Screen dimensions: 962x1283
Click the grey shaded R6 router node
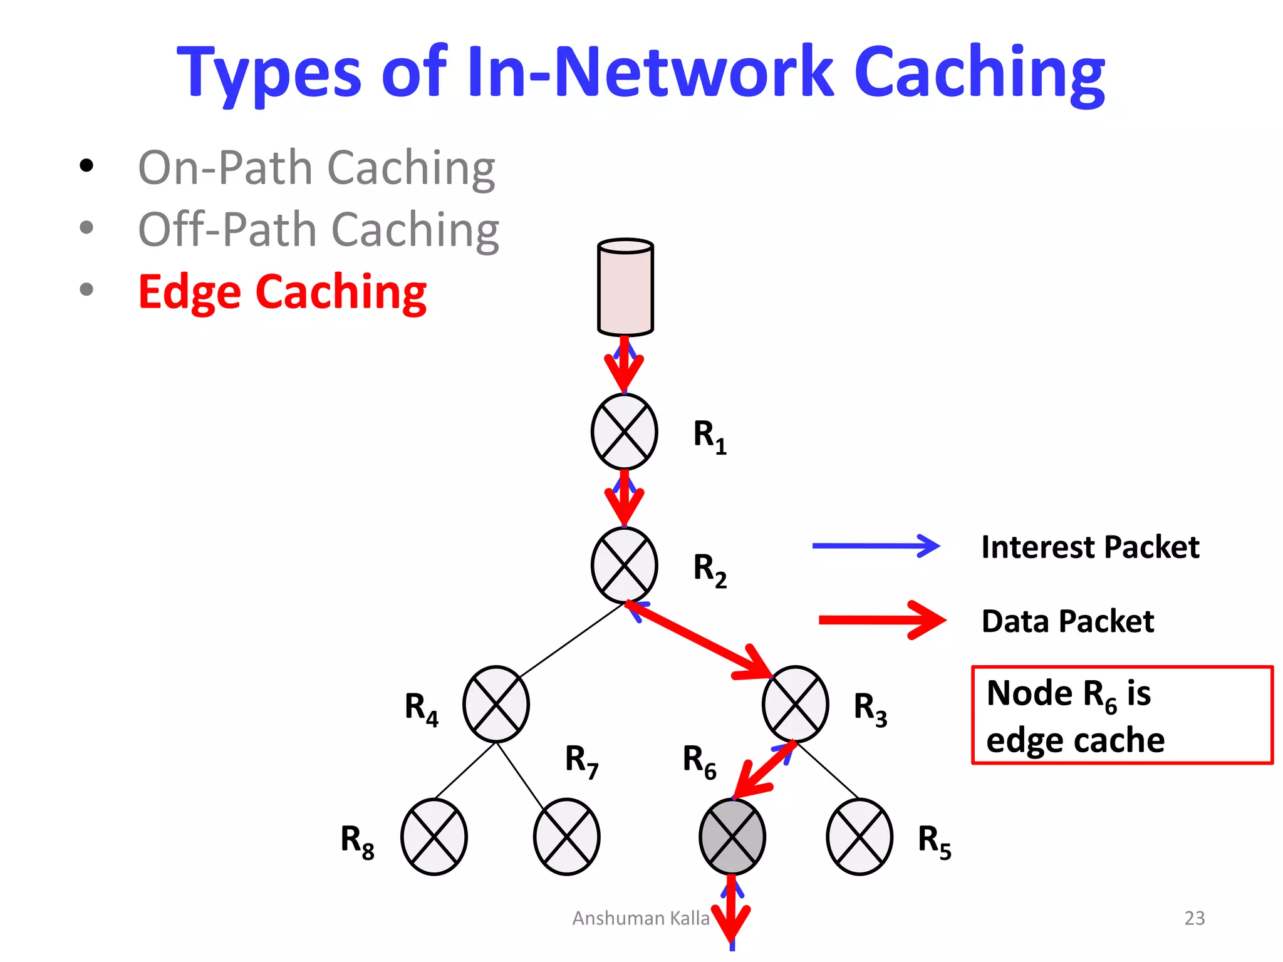coord(732,837)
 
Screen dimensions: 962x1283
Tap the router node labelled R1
coord(624,432)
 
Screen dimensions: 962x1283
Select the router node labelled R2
coord(624,565)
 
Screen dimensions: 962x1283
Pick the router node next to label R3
coord(795,704)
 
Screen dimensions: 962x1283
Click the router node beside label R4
coord(496,704)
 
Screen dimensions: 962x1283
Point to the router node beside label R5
coord(860,837)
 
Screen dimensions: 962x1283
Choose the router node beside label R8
coord(434,837)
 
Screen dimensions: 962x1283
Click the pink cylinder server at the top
coord(625,288)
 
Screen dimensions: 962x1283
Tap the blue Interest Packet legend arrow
coord(876,546)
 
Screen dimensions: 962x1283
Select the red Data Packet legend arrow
coord(882,620)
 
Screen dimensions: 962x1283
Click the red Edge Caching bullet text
coord(282,292)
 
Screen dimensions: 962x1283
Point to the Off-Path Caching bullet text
coord(318,230)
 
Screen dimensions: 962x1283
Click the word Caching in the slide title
coord(979,73)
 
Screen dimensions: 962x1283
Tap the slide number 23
coord(1194,918)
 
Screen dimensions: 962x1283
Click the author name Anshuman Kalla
coord(640,918)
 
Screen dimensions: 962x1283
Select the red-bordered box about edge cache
coord(1121,715)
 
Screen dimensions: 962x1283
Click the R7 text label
coord(581,760)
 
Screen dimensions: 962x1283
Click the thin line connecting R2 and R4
coord(571,640)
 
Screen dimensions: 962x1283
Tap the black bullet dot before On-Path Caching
coord(86,166)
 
